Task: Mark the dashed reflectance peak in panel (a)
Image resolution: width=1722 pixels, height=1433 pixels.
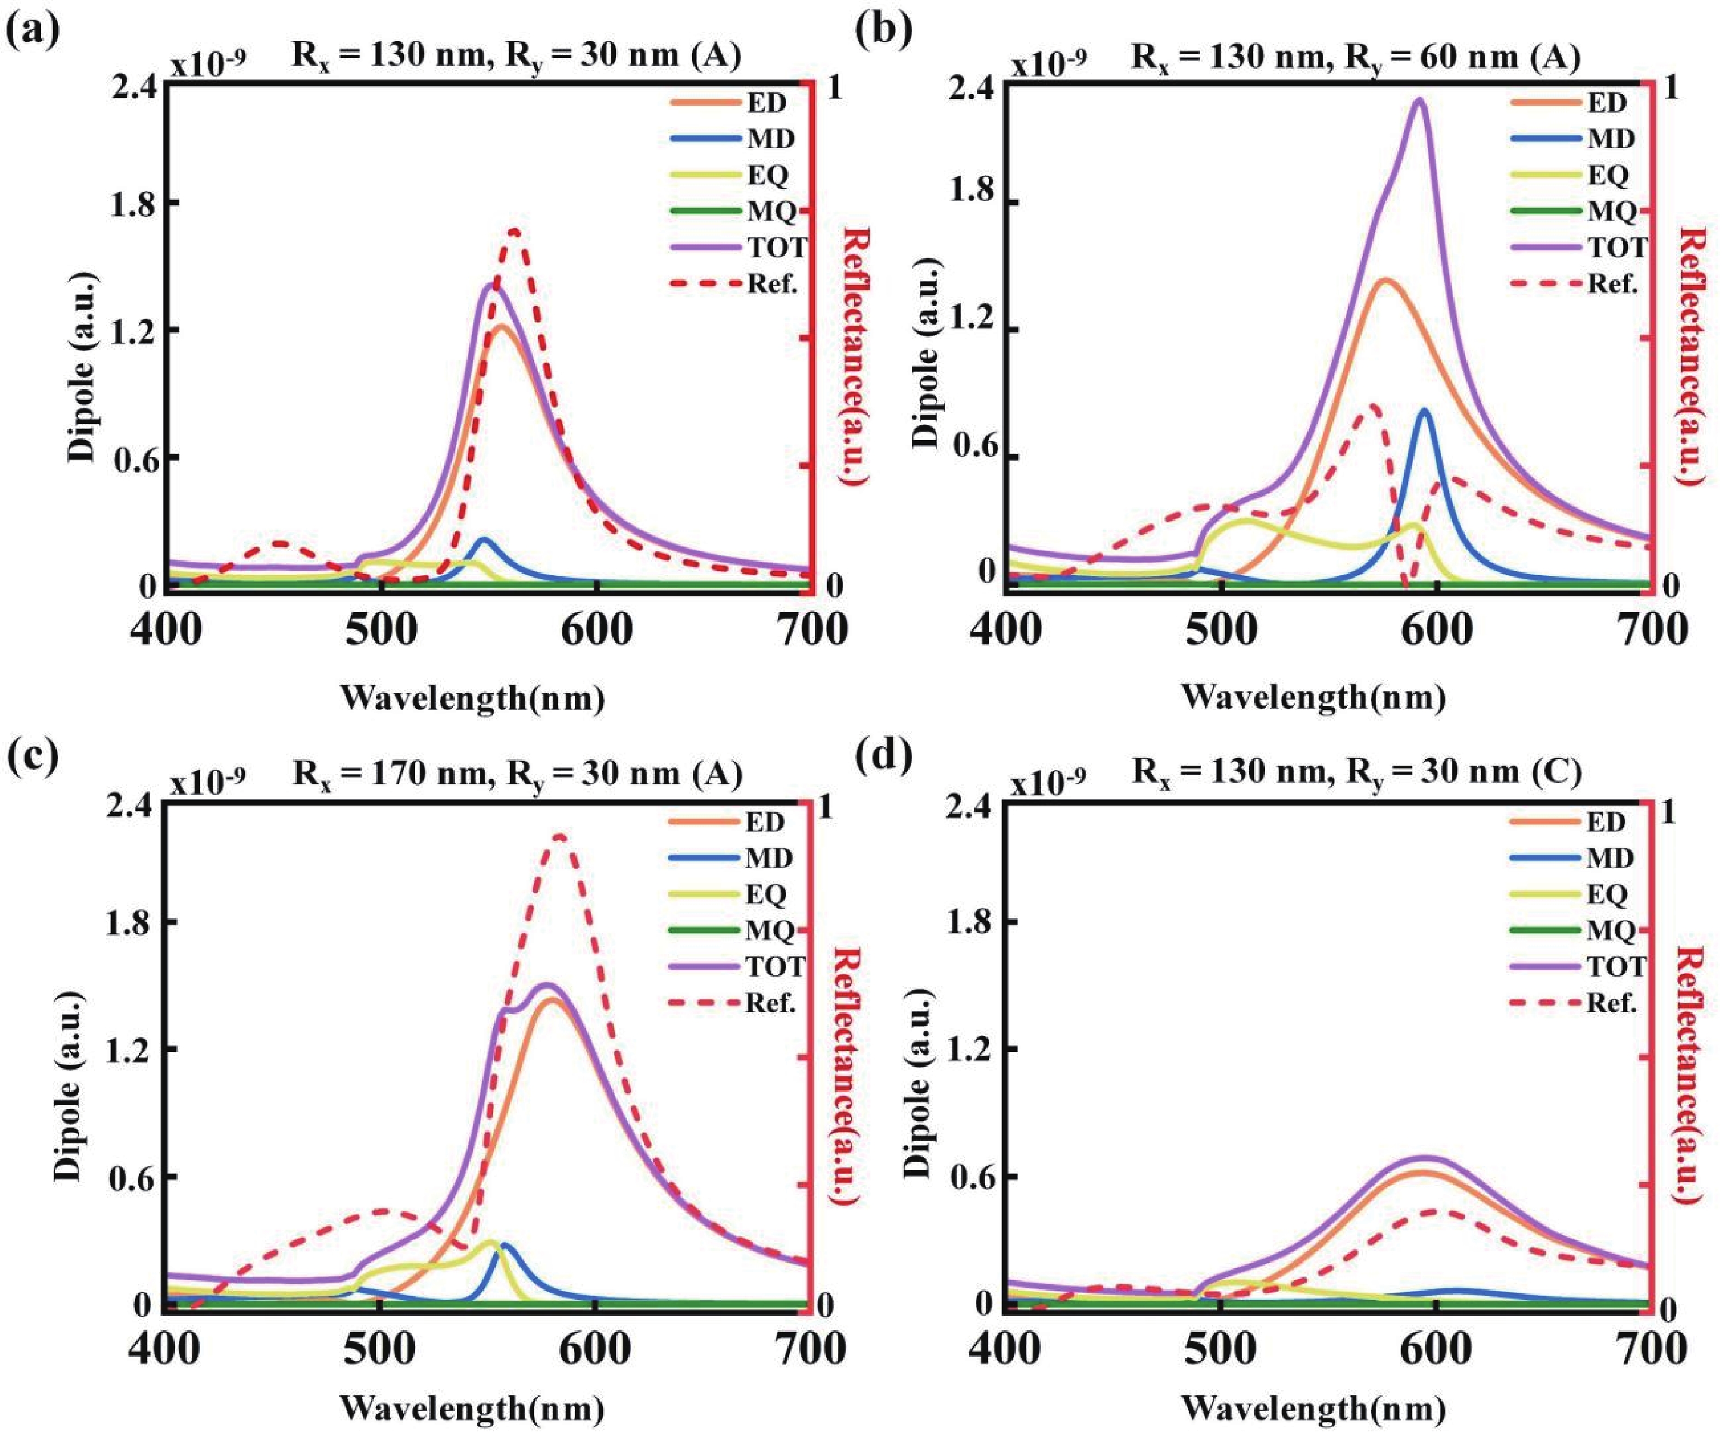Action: coord(515,231)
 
